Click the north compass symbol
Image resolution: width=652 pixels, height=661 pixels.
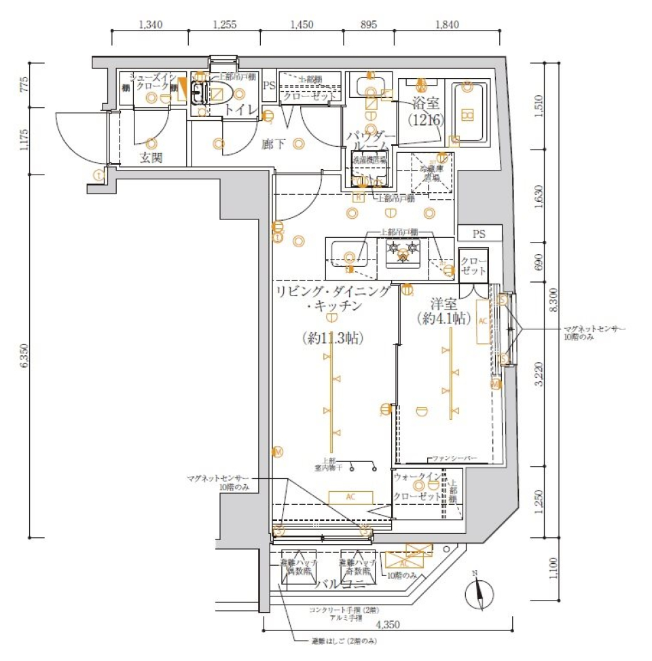479,593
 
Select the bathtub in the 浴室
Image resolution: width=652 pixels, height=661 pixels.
467,114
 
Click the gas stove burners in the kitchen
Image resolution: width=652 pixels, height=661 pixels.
402,253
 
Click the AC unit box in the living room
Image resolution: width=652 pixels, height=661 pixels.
350,497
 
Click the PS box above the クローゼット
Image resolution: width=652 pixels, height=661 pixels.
479,234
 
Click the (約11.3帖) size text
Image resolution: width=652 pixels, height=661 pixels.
332,338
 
